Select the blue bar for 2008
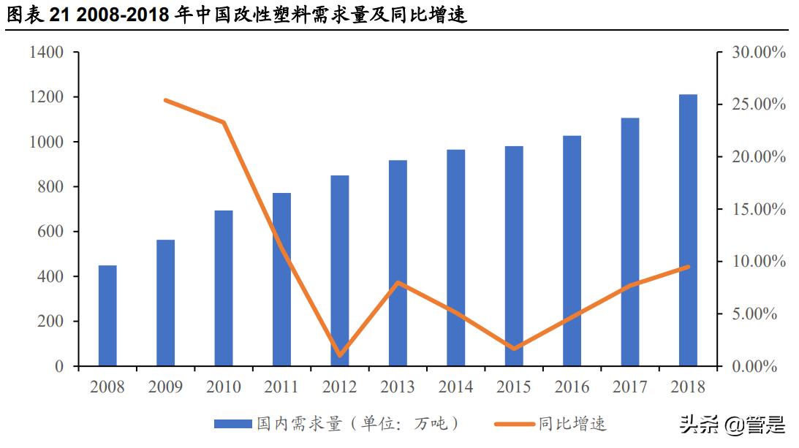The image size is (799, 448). click(107, 316)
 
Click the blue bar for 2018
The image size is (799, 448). click(688, 230)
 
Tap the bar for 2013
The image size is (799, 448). click(398, 263)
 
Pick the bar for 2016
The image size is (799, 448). click(572, 251)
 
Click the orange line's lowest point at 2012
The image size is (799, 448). click(340, 355)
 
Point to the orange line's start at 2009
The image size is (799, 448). click(166, 100)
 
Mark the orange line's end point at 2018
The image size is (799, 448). click(688, 267)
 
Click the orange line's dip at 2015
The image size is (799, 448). click(514, 349)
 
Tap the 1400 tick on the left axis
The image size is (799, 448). click(47, 53)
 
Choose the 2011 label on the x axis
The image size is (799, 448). click(281, 387)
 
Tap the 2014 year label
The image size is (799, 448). click(455, 387)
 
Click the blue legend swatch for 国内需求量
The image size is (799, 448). click(233, 424)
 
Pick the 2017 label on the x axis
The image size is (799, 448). click(629, 387)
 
